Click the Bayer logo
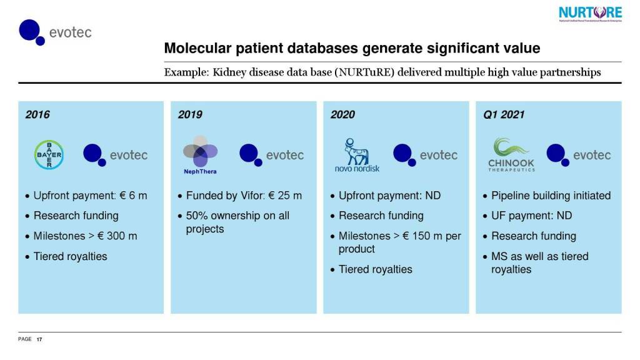pos(48,154)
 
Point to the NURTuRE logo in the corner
pos(590,14)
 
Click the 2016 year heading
pos(37,114)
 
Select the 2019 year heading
pos(190,114)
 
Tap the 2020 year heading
pos(342,114)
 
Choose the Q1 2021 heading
pos(504,114)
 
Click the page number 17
pos(39,339)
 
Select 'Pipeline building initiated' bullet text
pos(551,196)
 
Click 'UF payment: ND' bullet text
pos(531,216)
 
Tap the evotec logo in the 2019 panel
pos(272,155)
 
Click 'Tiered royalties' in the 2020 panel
pos(375,269)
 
